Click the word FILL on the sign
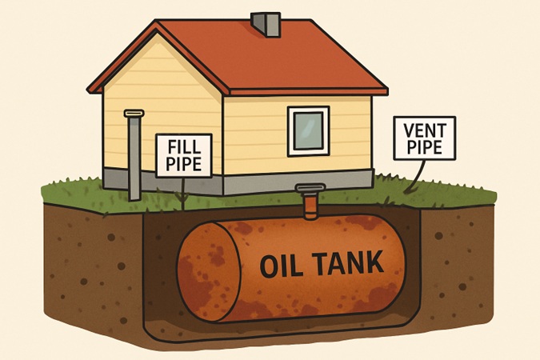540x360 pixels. coord(188,146)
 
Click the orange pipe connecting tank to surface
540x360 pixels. coord(310,206)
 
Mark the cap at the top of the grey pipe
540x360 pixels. coord(134,114)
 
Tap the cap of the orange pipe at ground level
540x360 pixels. coord(309,189)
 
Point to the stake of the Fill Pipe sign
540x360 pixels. coord(183,192)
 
